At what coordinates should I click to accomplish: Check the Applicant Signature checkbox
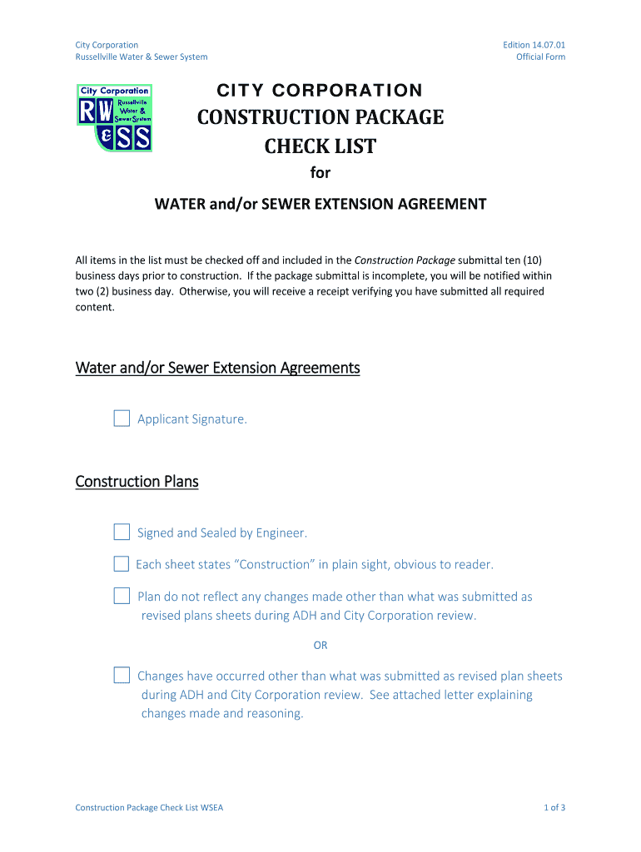click(122, 419)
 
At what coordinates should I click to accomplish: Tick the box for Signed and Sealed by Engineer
click(122, 532)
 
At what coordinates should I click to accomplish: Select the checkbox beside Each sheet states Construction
click(122, 564)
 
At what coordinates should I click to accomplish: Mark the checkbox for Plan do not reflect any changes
click(122, 596)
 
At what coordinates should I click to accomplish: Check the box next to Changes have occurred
click(122, 675)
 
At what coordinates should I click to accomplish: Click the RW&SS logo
click(114, 117)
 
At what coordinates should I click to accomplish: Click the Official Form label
click(540, 57)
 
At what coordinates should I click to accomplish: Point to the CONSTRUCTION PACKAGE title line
click(320, 117)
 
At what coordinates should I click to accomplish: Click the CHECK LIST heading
click(320, 147)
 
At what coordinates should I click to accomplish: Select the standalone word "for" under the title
click(320, 173)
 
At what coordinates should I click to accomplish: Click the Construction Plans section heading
click(137, 482)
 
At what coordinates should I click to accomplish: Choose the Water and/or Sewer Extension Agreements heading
click(217, 368)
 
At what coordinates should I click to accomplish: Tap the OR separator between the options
click(320, 646)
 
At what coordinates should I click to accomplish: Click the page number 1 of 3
click(554, 808)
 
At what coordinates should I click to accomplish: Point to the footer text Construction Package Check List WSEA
click(149, 808)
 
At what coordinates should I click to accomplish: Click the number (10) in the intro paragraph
click(531, 260)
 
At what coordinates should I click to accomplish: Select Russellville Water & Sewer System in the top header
click(142, 57)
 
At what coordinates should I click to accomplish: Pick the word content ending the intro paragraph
click(94, 307)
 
